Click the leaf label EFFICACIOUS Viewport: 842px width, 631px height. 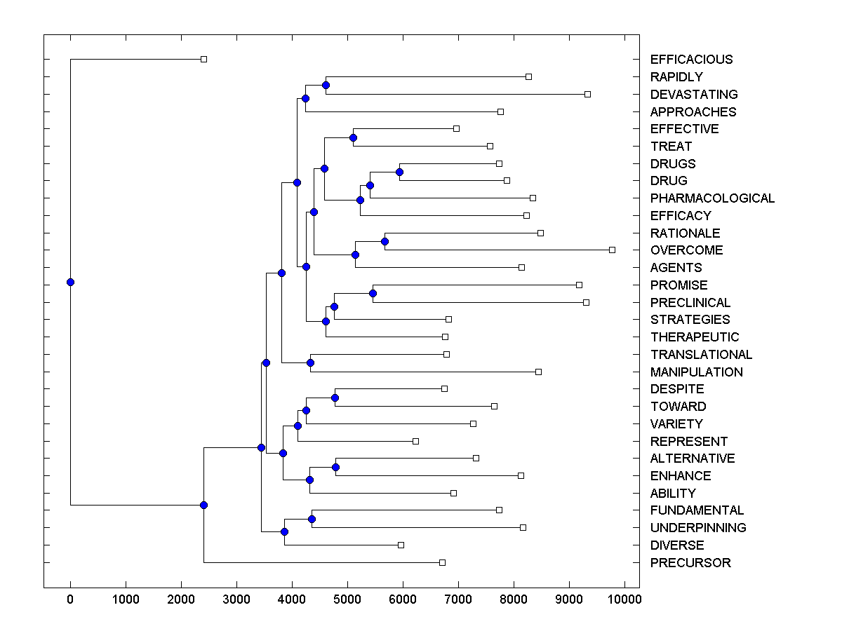point(691,60)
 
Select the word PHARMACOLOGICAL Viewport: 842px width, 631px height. point(712,198)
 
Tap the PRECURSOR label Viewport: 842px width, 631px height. point(690,563)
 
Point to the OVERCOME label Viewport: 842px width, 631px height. point(686,250)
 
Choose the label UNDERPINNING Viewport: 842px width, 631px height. point(698,528)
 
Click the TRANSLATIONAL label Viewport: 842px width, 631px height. point(701,355)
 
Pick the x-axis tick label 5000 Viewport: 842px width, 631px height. point(347,599)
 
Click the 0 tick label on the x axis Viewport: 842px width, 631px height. point(70,599)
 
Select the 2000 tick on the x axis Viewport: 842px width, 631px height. point(181,599)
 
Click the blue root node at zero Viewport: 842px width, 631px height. point(70,282)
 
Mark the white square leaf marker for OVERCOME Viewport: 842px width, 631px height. point(612,250)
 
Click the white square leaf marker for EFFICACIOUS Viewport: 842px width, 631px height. point(203,59)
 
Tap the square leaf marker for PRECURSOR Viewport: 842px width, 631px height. point(442,562)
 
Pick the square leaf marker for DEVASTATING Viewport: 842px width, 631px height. point(587,94)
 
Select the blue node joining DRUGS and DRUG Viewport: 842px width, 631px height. point(399,172)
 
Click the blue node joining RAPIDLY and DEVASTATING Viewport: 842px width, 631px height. point(326,85)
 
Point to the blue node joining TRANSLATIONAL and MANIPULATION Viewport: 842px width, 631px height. point(310,362)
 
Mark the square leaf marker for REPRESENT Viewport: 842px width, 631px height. point(415,441)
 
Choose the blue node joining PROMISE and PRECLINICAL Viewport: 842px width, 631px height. point(373,293)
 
